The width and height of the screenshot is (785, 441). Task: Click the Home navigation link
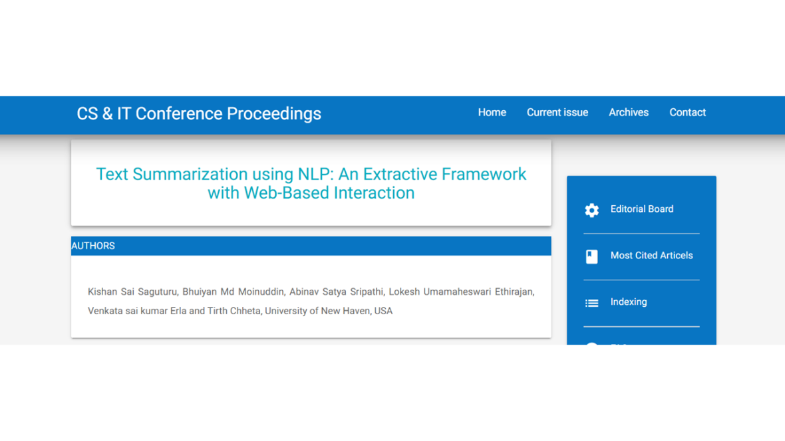pos(492,112)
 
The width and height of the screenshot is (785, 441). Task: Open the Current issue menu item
pos(557,112)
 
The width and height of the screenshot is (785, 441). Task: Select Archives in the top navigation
pos(628,112)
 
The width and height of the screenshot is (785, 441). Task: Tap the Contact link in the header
pos(687,112)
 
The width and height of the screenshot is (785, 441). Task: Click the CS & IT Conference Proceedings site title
pos(199,114)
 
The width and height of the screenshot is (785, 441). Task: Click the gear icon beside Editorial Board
pos(592,210)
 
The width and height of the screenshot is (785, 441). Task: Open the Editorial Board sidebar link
pos(642,209)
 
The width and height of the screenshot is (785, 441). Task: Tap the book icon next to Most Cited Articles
pos(592,256)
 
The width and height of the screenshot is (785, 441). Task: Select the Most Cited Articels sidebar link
pos(651,256)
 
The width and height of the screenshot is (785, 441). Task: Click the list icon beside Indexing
pos(592,303)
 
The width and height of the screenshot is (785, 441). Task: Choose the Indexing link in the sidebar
pos(628,302)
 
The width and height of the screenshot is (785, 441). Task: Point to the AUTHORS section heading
pos(93,246)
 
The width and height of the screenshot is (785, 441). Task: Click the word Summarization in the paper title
pos(190,174)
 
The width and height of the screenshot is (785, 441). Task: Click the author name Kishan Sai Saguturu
pos(132,292)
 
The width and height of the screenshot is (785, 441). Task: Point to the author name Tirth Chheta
pos(234,311)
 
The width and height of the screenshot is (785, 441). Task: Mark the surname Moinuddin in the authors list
pos(261,292)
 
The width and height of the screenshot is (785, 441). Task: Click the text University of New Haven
pos(319,311)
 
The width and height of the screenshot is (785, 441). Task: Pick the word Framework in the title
pos(484,174)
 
